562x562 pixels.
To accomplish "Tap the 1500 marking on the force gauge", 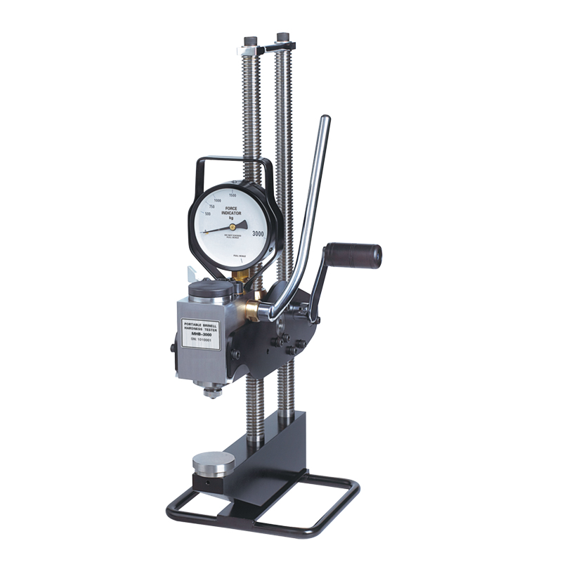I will (x=241, y=193).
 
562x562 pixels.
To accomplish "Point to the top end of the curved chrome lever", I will (x=325, y=121).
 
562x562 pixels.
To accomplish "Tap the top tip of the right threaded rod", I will (x=282, y=36).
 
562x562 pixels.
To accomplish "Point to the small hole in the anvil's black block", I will (x=207, y=485).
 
